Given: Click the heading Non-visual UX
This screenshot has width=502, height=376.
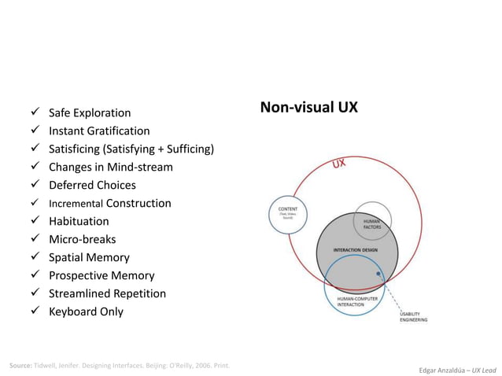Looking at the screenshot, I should (x=309, y=106).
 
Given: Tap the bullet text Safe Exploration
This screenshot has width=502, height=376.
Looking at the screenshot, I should (x=90, y=112).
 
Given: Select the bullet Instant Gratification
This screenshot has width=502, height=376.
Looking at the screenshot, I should (x=99, y=131).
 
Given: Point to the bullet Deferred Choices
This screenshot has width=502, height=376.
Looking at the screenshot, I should (x=92, y=185).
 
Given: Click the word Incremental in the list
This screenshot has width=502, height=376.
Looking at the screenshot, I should (x=76, y=204).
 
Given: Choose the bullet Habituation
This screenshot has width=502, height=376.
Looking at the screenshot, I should (x=79, y=221).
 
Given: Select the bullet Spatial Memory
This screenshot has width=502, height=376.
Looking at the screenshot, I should (x=89, y=257).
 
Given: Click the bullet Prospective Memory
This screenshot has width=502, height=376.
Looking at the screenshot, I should (x=102, y=275).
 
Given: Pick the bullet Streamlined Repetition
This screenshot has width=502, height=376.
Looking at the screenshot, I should (x=107, y=293).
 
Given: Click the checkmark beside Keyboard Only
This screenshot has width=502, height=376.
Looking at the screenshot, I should (x=35, y=311).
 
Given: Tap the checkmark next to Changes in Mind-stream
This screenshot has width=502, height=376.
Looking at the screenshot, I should (x=35, y=167).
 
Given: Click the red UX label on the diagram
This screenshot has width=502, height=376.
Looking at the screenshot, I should (x=339, y=165).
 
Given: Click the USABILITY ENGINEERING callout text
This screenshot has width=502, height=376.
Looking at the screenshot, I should (x=413, y=316).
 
